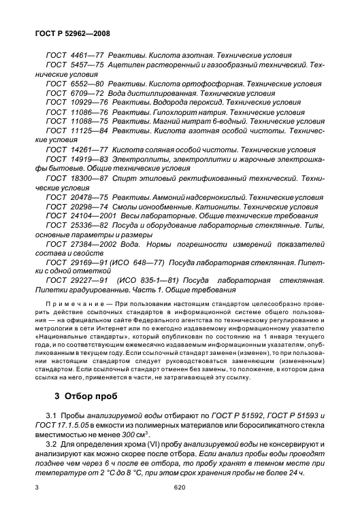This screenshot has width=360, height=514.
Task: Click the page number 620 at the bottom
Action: [180, 507]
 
